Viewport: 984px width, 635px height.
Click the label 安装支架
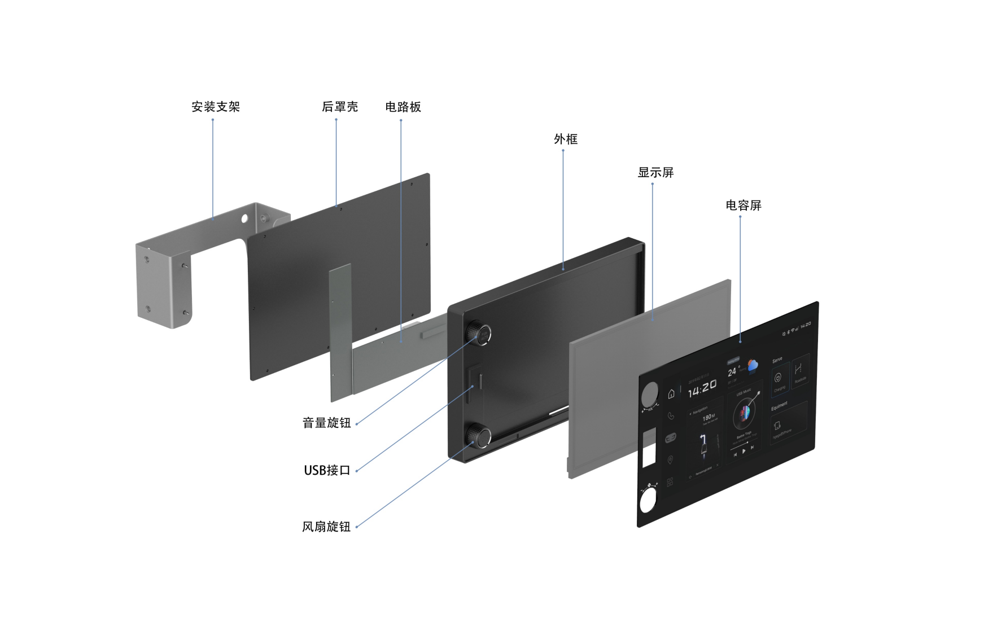216,107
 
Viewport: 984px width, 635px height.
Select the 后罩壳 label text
340,107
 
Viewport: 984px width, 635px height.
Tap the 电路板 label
403,107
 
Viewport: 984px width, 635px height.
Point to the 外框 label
566,139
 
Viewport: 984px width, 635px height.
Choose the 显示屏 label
655,173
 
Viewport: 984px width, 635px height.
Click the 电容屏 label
744,205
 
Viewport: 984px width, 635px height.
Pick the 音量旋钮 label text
326,423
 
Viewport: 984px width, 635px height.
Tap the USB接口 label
327,470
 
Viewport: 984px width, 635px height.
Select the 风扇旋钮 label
326,527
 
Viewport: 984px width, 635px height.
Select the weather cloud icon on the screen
753,366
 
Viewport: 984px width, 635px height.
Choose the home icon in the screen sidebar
671,394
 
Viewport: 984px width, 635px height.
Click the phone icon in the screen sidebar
671,416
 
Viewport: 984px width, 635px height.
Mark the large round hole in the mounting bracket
245,217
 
